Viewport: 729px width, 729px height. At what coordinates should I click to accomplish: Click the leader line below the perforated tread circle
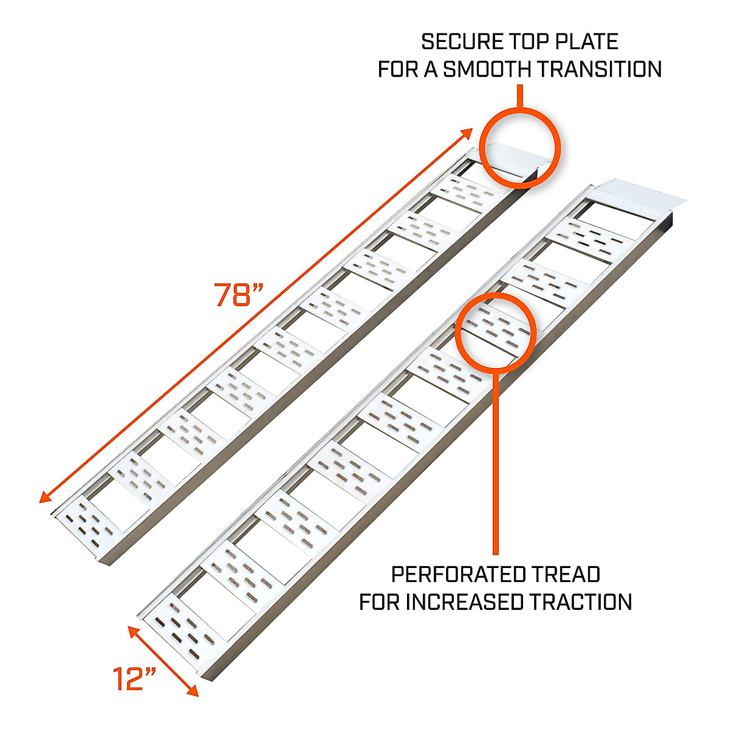point(496,462)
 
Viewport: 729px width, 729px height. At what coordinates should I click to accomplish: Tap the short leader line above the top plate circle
point(520,97)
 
